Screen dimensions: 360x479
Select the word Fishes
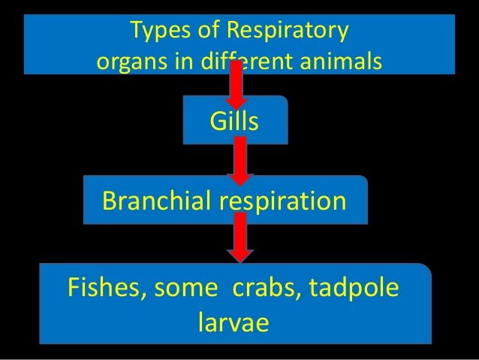point(104,290)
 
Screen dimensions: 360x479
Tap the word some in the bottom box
point(182,290)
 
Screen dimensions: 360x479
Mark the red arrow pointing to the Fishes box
point(240,238)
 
